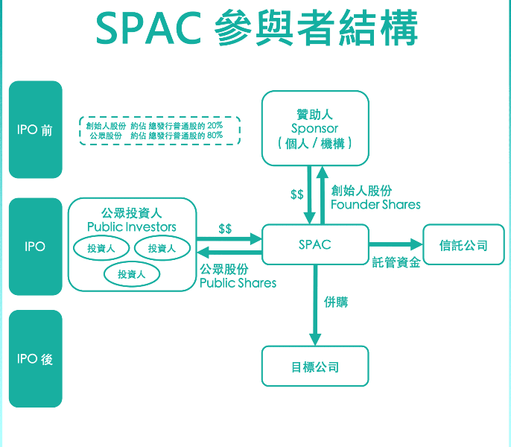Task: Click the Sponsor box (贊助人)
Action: [x=315, y=128]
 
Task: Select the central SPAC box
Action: [x=315, y=244]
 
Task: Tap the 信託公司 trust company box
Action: [x=463, y=244]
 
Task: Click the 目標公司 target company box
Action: [x=315, y=367]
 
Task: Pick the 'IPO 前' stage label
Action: [x=35, y=130]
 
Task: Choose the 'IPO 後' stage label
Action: [x=35, y=359]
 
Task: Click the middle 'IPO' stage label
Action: [x=35, y=246]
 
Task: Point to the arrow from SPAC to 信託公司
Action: [x=395, y=244]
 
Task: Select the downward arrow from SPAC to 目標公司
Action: [x=315, y=305]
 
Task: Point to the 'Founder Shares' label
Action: [x=375, y=204]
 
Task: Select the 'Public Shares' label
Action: [x=238, y=282]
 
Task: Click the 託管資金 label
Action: [x=396, y=262]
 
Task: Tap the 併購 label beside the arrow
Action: [x=335, y=302]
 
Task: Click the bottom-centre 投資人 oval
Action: [x=131, y=274]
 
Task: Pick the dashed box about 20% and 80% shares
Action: [x=160, y=130]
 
